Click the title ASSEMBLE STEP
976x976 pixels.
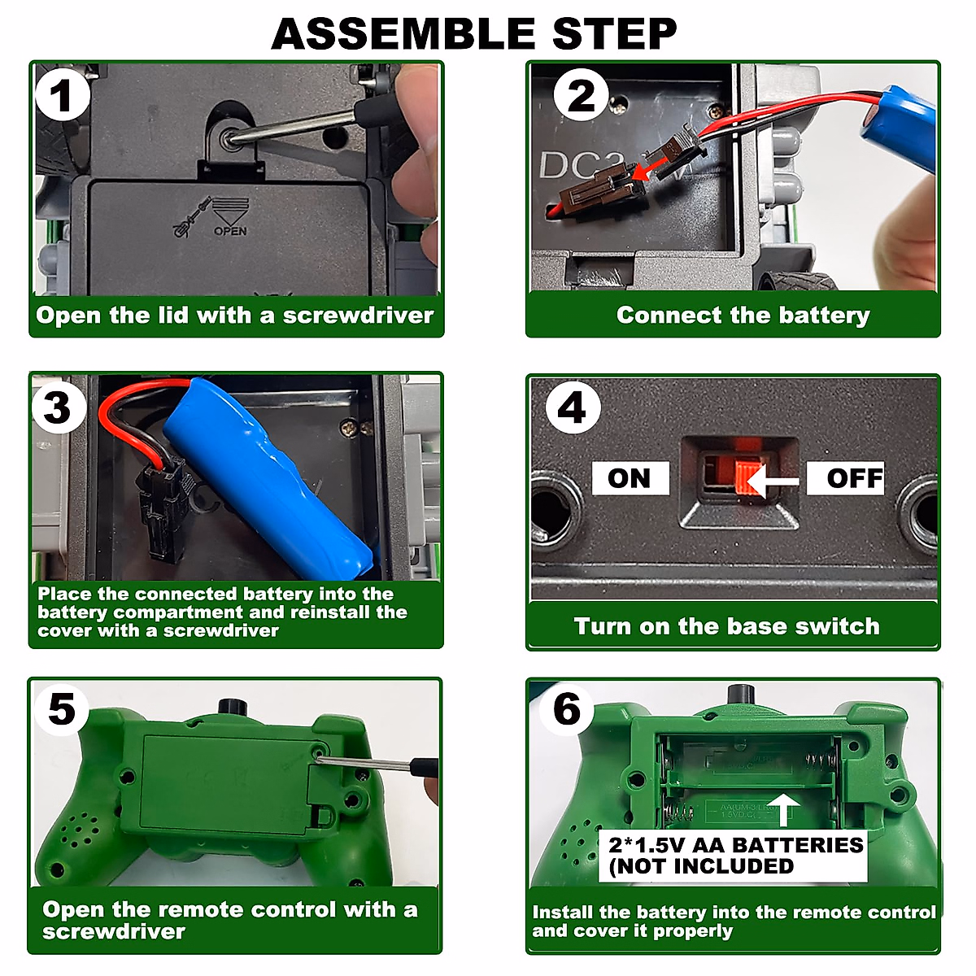click(x=473, y=33)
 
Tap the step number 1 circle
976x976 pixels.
click(x=63, y=95)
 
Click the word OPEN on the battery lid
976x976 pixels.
click(x=230, y=231)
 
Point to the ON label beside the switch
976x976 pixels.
click(x=630, y=477)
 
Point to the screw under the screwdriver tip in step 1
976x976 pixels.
click(x=228, y=137)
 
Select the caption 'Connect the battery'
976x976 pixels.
click(x=743, y=316)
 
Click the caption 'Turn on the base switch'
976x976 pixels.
click(x=727, y=626)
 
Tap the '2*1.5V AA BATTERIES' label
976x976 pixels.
click(x=735, y=845)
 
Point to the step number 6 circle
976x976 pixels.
click(x=566, y=709)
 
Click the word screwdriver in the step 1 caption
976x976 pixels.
click(x=358, y=316)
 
